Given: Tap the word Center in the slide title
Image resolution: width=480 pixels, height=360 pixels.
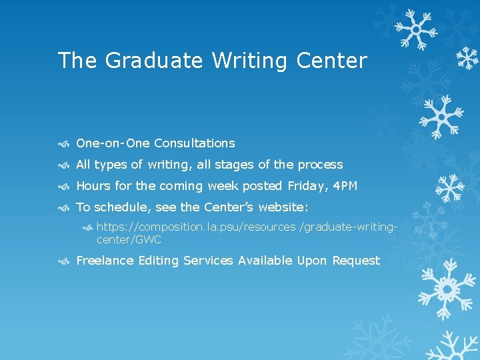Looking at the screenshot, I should coord(331,61).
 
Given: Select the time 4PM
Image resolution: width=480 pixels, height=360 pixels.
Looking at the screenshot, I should coord(345,186).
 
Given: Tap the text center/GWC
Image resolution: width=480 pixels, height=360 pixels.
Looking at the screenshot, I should coord(129,239).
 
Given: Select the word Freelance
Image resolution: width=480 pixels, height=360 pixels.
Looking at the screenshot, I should coord(105,261).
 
